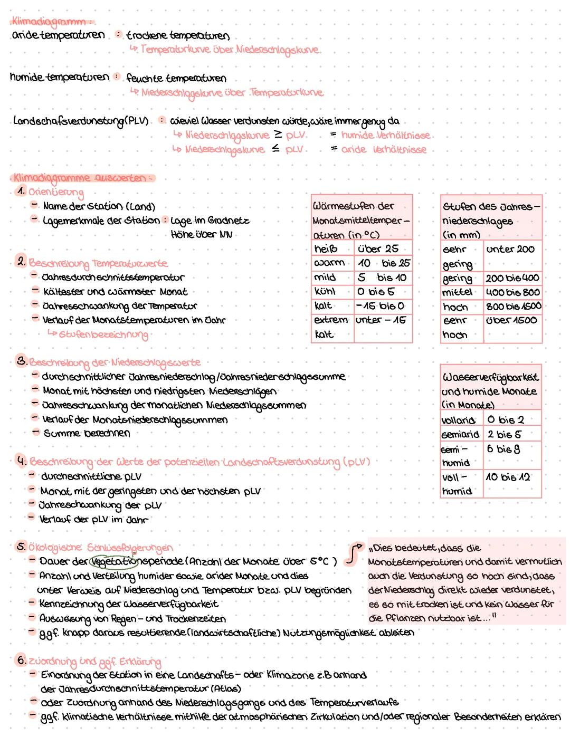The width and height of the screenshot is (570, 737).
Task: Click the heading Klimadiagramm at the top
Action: (x=51, y=22)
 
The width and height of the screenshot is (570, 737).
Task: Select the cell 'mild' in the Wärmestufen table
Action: (x=325, y=277)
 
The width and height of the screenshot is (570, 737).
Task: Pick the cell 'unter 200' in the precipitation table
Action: (x=510, y=249)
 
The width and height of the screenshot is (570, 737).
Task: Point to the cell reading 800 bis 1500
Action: (x=513, y=306)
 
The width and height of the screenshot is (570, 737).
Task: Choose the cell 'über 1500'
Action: (x=511, y=320)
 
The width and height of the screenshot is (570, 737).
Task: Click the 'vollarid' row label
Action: (x=458, y=420)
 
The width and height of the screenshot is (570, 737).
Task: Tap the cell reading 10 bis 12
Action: (x=508, y=477)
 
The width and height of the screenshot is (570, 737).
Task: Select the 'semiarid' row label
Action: (x=460, y=434)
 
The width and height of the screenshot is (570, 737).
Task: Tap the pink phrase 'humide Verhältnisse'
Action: (x=385, y=136)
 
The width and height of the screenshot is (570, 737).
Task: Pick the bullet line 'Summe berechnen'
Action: (x=87, y=433)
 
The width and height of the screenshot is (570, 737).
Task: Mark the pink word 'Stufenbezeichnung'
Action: (x=103, y=334)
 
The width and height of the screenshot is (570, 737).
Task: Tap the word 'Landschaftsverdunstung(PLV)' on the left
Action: (x=80, y=121)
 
